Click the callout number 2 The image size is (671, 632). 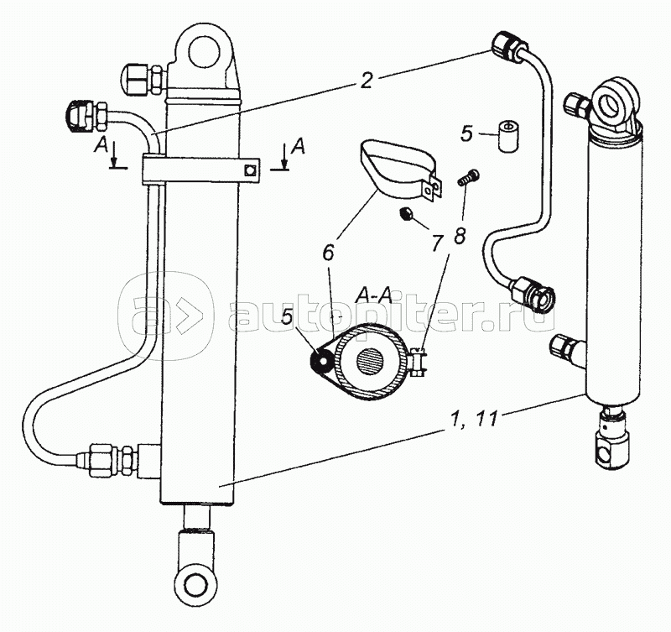pyautogui.click(x=367, y=81)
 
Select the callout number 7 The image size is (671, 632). pyautogui.click(x=435, y=244)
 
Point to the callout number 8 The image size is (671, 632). pyautogui.click(x=460, y=236)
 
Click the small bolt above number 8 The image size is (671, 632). pyautogui.click(x=468, y=178)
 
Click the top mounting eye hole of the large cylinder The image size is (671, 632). pyautogui.click(x=204, y=52)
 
